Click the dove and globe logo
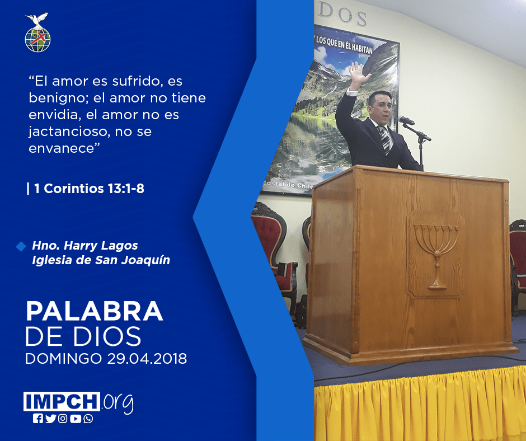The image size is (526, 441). pyautogui.click(x=37, y=32)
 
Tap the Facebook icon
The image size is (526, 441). pyautogui.click(x=38, y=419)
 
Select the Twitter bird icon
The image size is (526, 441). pyautogui.click(x=50, y=419)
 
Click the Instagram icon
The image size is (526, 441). pyautogui.click(x=63, y=419)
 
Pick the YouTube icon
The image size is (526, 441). pyautogui.click(x=76, y=419)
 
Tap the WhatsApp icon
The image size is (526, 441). pyautogui.click(x=88, y=419)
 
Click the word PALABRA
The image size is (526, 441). pyautogui.click(x=94, y=311)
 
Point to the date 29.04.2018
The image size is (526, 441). pyautogui.click(x=147, y=358)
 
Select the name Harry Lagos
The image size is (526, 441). pyautogui.click(x=101, y=245)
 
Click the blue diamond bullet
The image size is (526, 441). pyautogui.click(x=21, y=246)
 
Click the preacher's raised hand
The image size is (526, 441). pyautogui.click(x=358, y=75)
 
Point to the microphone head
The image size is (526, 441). pyautogui.click(x=406, y=120)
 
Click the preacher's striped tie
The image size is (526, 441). pyautogui.click(x=384, y=139)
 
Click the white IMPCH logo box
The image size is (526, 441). pyautogui.click(x=62, y=401)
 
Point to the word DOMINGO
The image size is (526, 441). pyautogui.click(x=64, y=358)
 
